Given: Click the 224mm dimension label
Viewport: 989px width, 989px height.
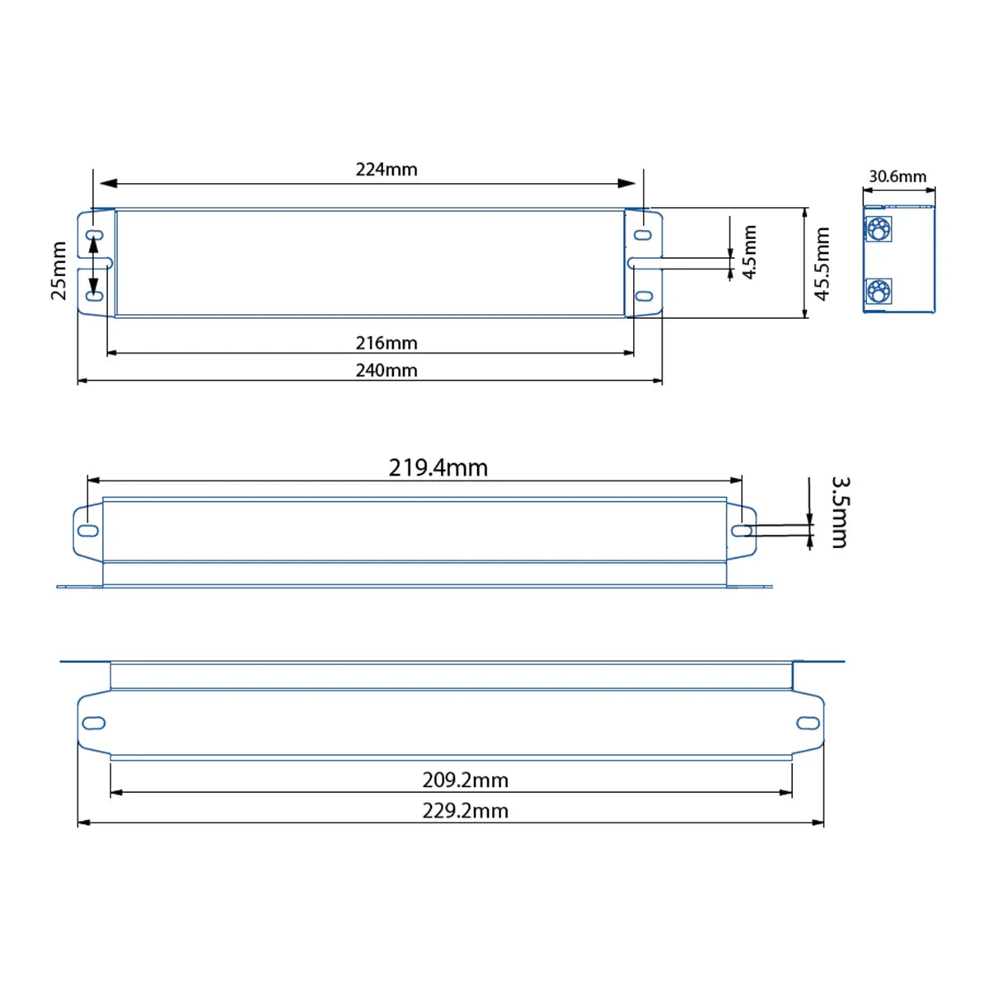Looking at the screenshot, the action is pyautogui.click(x=387, y=170).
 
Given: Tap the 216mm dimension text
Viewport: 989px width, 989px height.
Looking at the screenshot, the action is pyautogui.click(x=387, y=343).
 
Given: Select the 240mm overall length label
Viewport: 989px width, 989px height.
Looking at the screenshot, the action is pyautogui.click(x=387, y=370).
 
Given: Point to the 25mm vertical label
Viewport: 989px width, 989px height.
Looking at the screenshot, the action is pyautogui.click(x=59, y=270).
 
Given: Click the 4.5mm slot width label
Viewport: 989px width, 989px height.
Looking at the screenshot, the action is pyautogui.click(x=749, y=252).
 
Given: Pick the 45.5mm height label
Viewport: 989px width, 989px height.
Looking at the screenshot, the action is pyautogui.click(x=822, y=264).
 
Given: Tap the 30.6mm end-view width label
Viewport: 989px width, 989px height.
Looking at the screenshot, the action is pyautogui.click(x=898, y=176).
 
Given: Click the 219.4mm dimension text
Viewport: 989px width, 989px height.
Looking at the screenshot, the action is pyautogui.click(x=438, y=468).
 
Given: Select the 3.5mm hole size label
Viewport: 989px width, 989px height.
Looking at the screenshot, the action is pyautogui.click(x=840, y=512).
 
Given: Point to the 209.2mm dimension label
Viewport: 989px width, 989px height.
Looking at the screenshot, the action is pyautogui.click(x=465, y=780).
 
